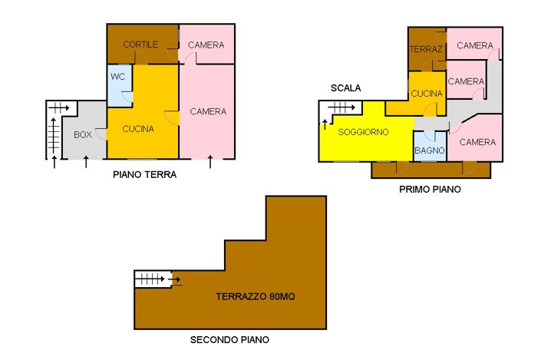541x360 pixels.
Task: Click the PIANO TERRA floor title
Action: point(145,174)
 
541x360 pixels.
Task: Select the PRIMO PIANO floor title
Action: point(430,189)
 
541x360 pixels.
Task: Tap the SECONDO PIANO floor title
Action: point(229,339)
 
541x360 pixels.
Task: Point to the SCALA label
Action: point(345,88)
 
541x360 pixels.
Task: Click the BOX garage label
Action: point(83,134)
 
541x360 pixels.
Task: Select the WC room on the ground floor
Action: point(118,77)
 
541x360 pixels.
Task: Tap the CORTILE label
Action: point(140,45)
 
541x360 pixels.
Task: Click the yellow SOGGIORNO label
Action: point(363,132)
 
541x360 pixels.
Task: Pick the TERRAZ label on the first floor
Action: point(426,49)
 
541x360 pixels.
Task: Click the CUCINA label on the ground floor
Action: point(139,128)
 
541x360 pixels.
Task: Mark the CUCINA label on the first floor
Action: point(426,94)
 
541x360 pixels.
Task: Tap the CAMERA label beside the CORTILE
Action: point(206,45)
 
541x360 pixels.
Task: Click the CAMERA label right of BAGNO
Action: point(477,142)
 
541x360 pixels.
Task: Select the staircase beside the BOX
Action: point(54,130)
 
